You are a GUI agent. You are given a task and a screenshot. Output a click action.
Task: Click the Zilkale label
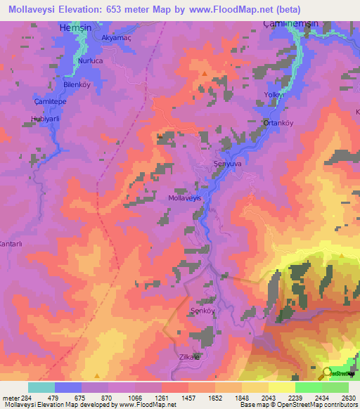click(190, 357)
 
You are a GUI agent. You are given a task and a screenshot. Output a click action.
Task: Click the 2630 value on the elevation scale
click(348, 398)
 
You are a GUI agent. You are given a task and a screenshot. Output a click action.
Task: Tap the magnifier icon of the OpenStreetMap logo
click(326, 373)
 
